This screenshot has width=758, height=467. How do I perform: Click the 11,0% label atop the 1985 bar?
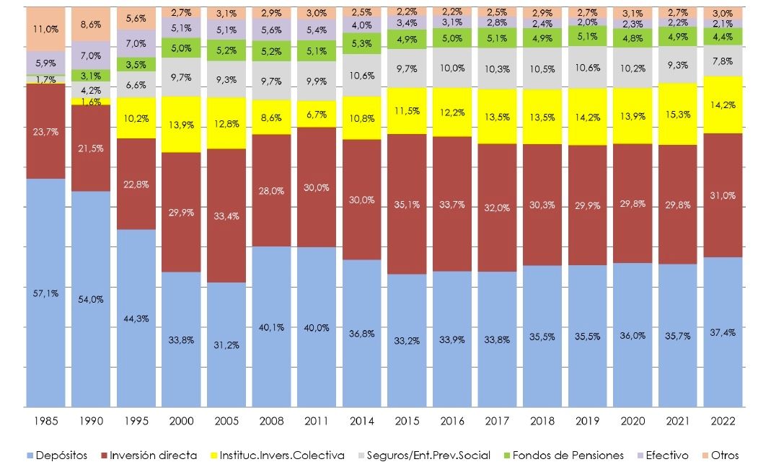pos(45,28)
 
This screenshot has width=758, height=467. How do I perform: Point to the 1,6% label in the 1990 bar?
pos(90,102)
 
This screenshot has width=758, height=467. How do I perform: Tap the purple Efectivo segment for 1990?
pos(90,55)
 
